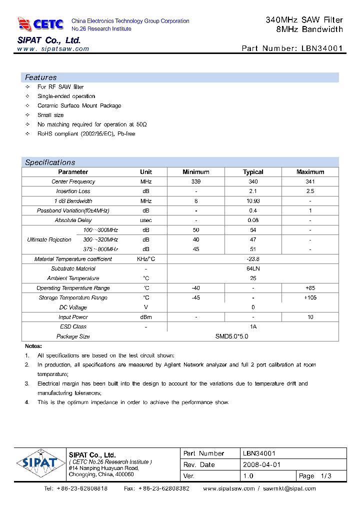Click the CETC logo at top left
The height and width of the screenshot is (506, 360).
pos(40,23)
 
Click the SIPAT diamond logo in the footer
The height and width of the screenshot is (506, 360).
pos(40,462)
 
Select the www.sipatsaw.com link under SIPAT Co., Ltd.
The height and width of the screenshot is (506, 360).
pos(53,49)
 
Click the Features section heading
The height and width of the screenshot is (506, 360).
pos(41,77)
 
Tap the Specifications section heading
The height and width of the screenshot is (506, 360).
pos(50,162)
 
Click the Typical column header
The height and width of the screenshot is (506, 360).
pos(253,172)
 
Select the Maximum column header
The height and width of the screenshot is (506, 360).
pos(310,172)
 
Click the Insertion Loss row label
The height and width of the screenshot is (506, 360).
pos(73,191)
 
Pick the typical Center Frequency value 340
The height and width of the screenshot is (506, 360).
pos(253,182)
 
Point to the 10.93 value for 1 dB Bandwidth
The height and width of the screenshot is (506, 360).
pos(253,201)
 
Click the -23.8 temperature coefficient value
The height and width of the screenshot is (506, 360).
pos(253,259)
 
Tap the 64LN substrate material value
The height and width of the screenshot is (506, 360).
pos(253,268)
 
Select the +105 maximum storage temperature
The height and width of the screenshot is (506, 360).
pos(310,297)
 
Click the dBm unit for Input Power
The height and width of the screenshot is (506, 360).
pos(146,317)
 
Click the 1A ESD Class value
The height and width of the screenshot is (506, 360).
pos(253,326)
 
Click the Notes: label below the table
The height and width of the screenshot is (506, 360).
pos(33,346)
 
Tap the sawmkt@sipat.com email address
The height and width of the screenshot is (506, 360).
pos(289,488)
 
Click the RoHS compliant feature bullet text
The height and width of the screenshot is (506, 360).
pos(86,134)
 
